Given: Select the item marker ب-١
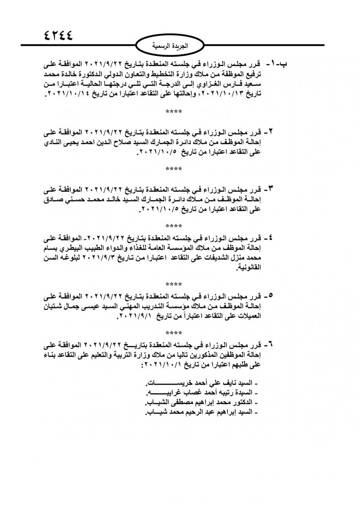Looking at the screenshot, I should [277, 65].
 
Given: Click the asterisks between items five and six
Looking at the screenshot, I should [174, 333].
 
